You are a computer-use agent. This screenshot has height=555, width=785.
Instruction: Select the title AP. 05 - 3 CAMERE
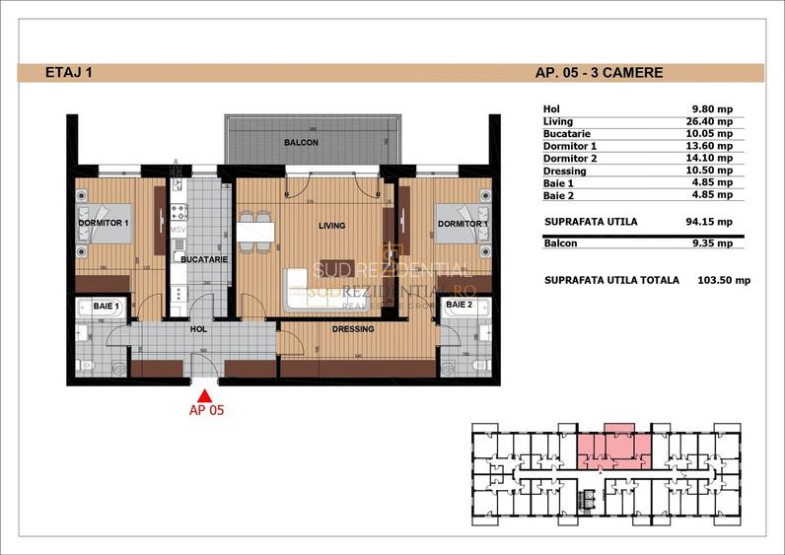pyautogui.click(x=599, y=72)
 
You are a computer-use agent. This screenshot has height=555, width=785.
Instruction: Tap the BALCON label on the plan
pyautogui.click(x=301, y=143)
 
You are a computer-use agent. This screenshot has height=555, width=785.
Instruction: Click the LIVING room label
pyautogui.click(x=332, y=226)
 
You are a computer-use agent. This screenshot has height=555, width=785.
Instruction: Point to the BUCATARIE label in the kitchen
pyautogui.click(x=204, y=259)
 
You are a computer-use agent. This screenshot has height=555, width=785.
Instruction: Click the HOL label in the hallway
pyautogui.click(x=198, y=330)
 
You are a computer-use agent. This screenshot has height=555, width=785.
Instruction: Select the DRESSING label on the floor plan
pyautogui.click(x=351, y=329)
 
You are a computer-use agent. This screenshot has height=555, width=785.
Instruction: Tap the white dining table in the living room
pyautogui.click(x=254, y=233)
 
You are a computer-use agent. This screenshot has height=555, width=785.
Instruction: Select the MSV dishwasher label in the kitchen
pyautogui.click(x=178, y=230)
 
